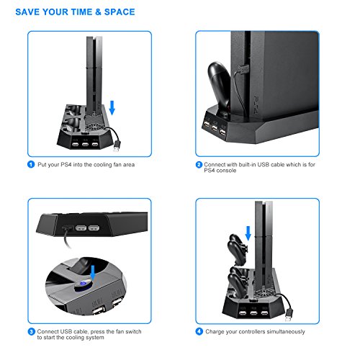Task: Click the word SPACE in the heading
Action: [x=120, y=12]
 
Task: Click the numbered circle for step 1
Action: [x=31, y=164]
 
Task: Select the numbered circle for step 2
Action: [x=199, y=165]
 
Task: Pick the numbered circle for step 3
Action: [x=32, y=332]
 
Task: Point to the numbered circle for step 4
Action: [x=199, y=331]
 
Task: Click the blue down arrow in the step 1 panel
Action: [x=112, y=108]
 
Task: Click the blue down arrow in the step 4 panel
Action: [x=248, y=233]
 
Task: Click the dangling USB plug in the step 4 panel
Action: [x=289, y=315]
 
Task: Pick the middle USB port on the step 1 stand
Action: [x=85, y=145]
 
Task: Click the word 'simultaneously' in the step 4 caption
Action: [x=286, y=332]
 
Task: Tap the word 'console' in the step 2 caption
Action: [x=226, y=171]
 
